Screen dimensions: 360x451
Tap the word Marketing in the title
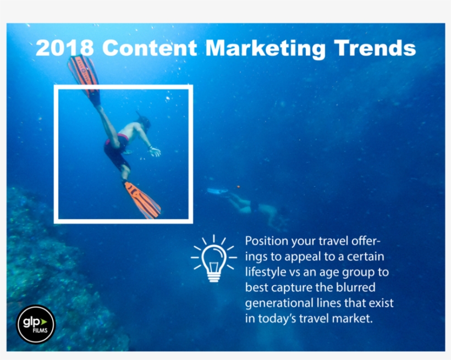[263, 48]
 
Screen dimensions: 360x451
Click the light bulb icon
[213, 258]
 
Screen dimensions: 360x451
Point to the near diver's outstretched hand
[156, 151]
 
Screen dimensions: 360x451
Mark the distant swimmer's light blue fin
[218, 191]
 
